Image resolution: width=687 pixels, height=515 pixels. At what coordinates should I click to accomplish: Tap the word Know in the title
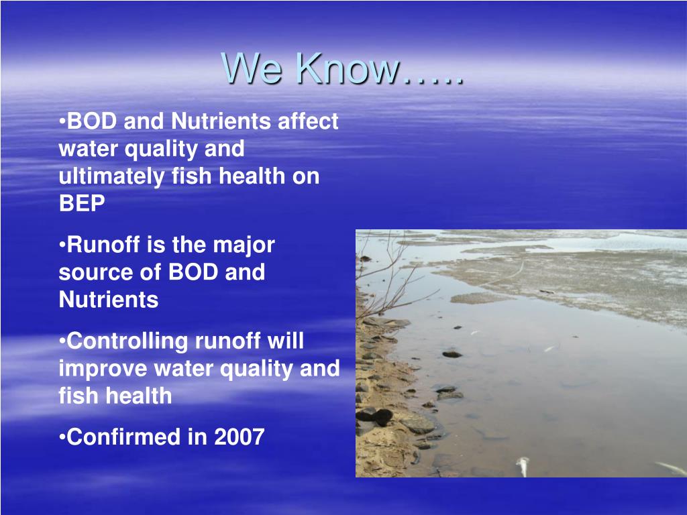[347, 69]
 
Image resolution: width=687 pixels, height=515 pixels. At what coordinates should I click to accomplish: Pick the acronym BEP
[82, 204]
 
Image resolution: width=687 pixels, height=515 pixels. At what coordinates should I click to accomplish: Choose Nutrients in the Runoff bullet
[109, 300]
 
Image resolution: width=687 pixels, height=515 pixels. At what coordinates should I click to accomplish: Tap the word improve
[103, 369]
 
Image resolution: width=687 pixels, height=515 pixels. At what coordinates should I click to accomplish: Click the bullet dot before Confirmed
[62, 437]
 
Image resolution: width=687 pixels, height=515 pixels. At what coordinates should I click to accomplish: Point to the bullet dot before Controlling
[62, 341]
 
